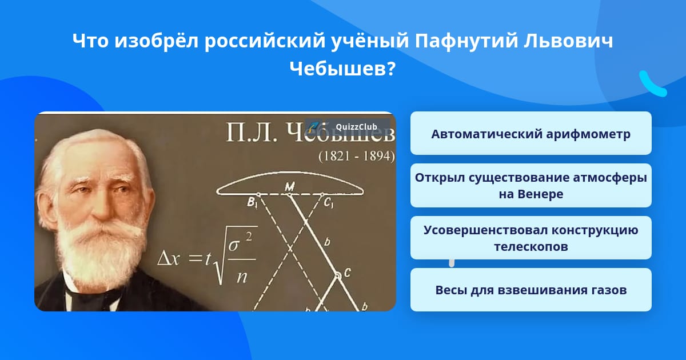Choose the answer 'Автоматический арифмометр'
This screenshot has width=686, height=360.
[531, 134]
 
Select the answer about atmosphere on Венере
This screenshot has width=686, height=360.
[531, 186]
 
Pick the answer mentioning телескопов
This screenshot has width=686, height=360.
[531, 238]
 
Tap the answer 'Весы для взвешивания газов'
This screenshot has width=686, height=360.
[531, 290]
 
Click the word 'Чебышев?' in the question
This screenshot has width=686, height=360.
[342, 70]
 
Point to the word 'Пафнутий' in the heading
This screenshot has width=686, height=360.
[466, 41]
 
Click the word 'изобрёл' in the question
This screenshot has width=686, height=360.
[157, 41]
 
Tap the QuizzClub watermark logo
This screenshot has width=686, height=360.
[348, 127]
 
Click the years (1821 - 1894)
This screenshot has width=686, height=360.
[357, 156]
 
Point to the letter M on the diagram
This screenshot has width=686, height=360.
[289, 186]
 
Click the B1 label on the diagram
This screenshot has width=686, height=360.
[252, 203]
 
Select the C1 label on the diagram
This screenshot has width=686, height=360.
[328, 203]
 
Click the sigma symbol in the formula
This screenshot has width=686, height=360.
[234, 245]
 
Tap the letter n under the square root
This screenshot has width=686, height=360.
[242, 277]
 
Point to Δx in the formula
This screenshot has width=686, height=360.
[168, 259]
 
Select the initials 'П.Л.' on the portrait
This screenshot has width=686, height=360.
[251, 133]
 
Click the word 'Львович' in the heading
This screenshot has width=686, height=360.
[568, 41]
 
